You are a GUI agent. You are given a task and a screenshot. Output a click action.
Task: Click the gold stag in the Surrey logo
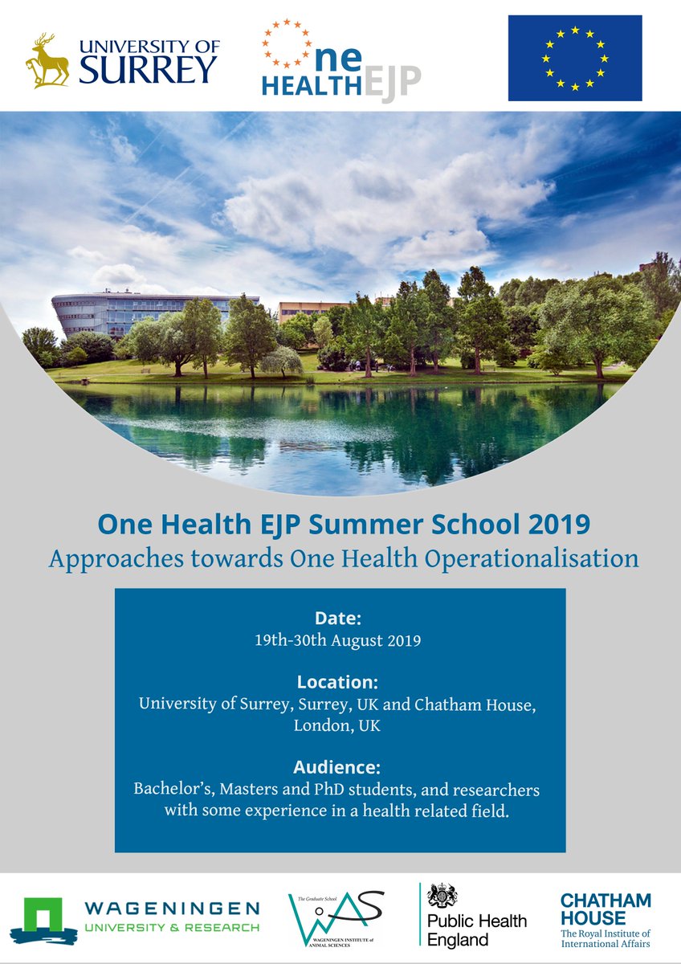[x=47, y=60]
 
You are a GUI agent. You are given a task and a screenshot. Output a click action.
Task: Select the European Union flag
[x=574, y=58]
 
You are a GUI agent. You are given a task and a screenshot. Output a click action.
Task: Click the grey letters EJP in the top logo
[x=391, y=84]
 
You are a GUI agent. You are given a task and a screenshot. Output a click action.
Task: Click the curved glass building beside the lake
[x=112, y=312]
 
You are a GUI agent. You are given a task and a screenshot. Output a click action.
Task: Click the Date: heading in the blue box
[x=340, y=619]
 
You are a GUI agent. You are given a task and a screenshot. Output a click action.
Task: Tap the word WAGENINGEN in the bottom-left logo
[x=173, y=908]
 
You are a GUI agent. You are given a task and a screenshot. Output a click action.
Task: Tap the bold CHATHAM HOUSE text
[x=605, y=909]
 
